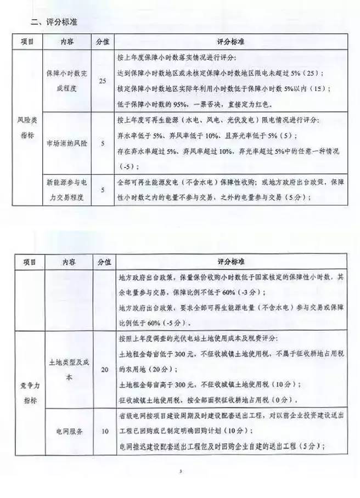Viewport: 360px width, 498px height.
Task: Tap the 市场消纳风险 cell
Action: (x=64, y=143)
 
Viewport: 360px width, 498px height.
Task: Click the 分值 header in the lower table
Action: (x=103, y=262)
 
